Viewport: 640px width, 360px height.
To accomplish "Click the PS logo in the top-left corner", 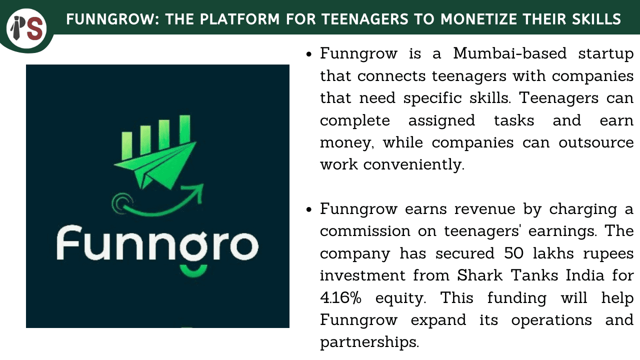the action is pyautogui.click(x=26, y=28).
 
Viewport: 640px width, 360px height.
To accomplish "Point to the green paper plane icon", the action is pyautogui.click(x=155, y=165).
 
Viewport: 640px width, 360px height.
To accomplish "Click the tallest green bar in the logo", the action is pyautogui.click(x=185, y=129).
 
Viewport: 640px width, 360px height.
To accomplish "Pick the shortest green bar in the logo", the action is pyautogui.click(x=127, y=145).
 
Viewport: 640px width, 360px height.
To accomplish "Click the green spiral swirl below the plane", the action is pyautogui.click(x=122, y=203).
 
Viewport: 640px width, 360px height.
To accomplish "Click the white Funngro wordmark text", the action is pyautogui.click(x=157, y=243).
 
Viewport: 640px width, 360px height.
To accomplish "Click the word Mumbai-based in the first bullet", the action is pyautogui.click(x=509, y=53).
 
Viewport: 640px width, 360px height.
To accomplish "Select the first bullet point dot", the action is pyautogui.click(x=308, y=54).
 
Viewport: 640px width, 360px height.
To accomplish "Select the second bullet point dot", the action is pyautogui.click(x=308, y=209).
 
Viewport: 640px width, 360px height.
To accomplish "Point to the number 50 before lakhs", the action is pyautogui.click(x=513, y=253).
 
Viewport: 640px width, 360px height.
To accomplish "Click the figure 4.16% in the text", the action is pyautogui.click(x=340, y=297).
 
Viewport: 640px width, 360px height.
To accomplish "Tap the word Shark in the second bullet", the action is pyautogui.click(x=479, y=275).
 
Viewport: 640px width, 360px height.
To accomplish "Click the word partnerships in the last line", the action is pyautogui.click(x=369, y=342).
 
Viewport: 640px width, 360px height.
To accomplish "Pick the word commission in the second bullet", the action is pyautogui.click(x=365, y=231).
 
